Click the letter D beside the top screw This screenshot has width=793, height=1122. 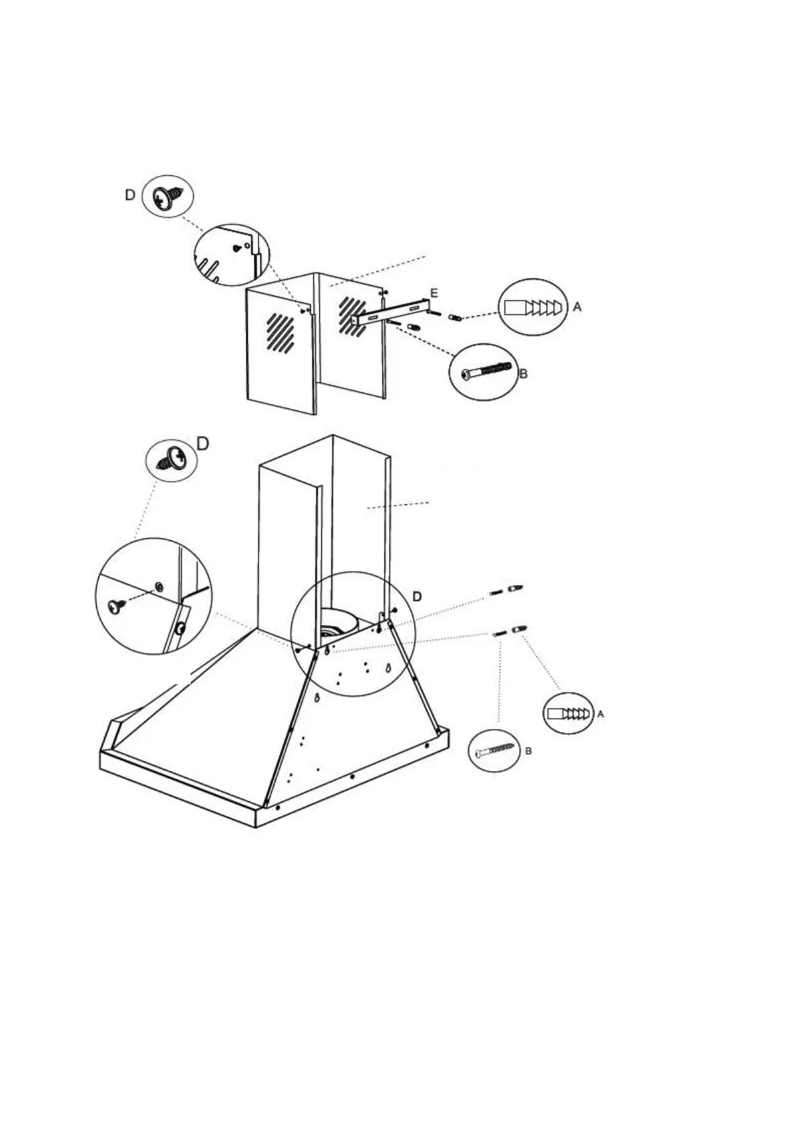130,195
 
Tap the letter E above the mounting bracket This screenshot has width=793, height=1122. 434,293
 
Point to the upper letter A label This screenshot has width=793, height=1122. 577,307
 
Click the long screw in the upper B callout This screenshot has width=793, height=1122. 486,371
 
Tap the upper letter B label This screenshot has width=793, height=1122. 523,374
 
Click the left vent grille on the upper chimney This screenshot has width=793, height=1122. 280,331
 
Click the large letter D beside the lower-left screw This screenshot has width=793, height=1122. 203,444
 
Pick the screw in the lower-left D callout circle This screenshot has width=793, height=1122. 170,459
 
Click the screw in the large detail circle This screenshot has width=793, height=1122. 117,606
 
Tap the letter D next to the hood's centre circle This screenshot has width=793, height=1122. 417,596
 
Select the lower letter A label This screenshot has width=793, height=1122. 600,714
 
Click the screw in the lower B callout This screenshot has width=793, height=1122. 496,752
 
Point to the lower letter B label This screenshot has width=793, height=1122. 528,752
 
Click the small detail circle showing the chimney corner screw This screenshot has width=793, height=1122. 232,255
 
